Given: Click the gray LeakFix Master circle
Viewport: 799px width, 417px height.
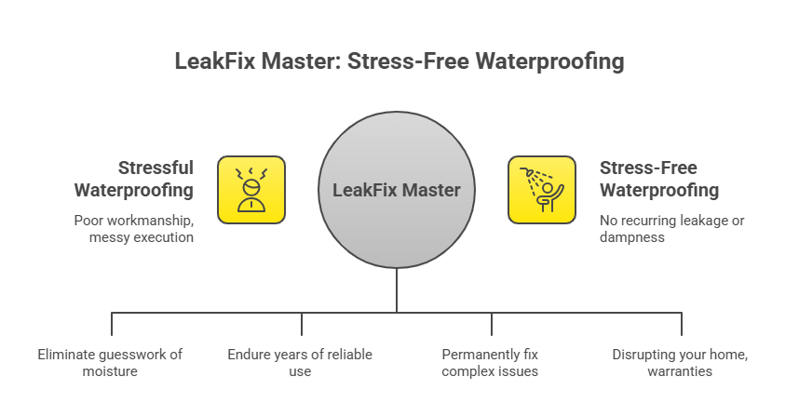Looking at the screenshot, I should [x=397, y=190].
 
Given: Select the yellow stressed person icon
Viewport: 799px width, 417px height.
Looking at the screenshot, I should [x=251, y=190].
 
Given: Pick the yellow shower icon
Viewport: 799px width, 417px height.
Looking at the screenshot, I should [x=541, y=190].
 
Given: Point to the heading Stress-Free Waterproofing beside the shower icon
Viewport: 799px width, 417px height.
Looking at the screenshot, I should [x=658, y=179].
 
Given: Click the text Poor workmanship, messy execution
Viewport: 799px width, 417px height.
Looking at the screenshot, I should [x=134, y=229].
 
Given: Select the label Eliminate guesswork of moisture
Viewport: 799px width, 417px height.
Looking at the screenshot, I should [x=111, y=363].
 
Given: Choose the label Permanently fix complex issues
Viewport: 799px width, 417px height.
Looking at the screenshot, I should [x=490, y=363].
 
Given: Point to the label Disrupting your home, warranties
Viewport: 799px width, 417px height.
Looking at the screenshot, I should [x=680, y=363].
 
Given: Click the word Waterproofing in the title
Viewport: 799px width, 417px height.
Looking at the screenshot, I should [x=548, y=62].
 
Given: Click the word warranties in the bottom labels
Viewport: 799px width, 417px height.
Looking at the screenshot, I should [x=680, y=371].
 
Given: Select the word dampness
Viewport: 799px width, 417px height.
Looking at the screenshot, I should [x=632, y=237].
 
